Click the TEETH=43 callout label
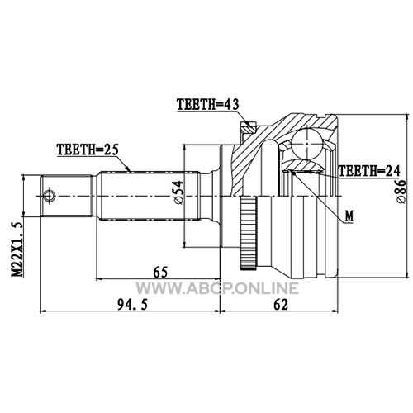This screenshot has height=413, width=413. (x=208, y=104)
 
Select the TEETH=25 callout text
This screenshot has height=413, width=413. (x=88, y=150)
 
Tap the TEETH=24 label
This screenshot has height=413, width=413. (x=369, y=171)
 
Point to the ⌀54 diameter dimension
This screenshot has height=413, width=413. (x=178, y=192)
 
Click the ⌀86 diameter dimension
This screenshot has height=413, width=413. (x=401, y=192)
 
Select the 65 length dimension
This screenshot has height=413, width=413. (x=160, y=273)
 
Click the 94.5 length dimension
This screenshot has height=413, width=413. (x=133, y=305)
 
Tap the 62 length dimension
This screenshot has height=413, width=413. (x=281, y=305)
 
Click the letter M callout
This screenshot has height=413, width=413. (x=349, y=216)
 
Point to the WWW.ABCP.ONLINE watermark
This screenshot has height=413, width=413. (x=217, y=288)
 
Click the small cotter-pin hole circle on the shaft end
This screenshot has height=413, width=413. (x=49, y=196)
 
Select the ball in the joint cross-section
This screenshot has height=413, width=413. (x=307, y=144)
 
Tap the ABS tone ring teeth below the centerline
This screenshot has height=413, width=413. (x=249, y=233)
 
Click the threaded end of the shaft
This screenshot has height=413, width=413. (x=66, y=196)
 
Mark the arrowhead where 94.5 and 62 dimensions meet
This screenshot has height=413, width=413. (x=221, y=311)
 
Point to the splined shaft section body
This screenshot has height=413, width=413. (x=149, y=196)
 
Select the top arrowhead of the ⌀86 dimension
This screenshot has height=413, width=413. (x=407, y=117)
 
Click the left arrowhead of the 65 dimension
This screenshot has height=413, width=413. (x=99, y=279)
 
